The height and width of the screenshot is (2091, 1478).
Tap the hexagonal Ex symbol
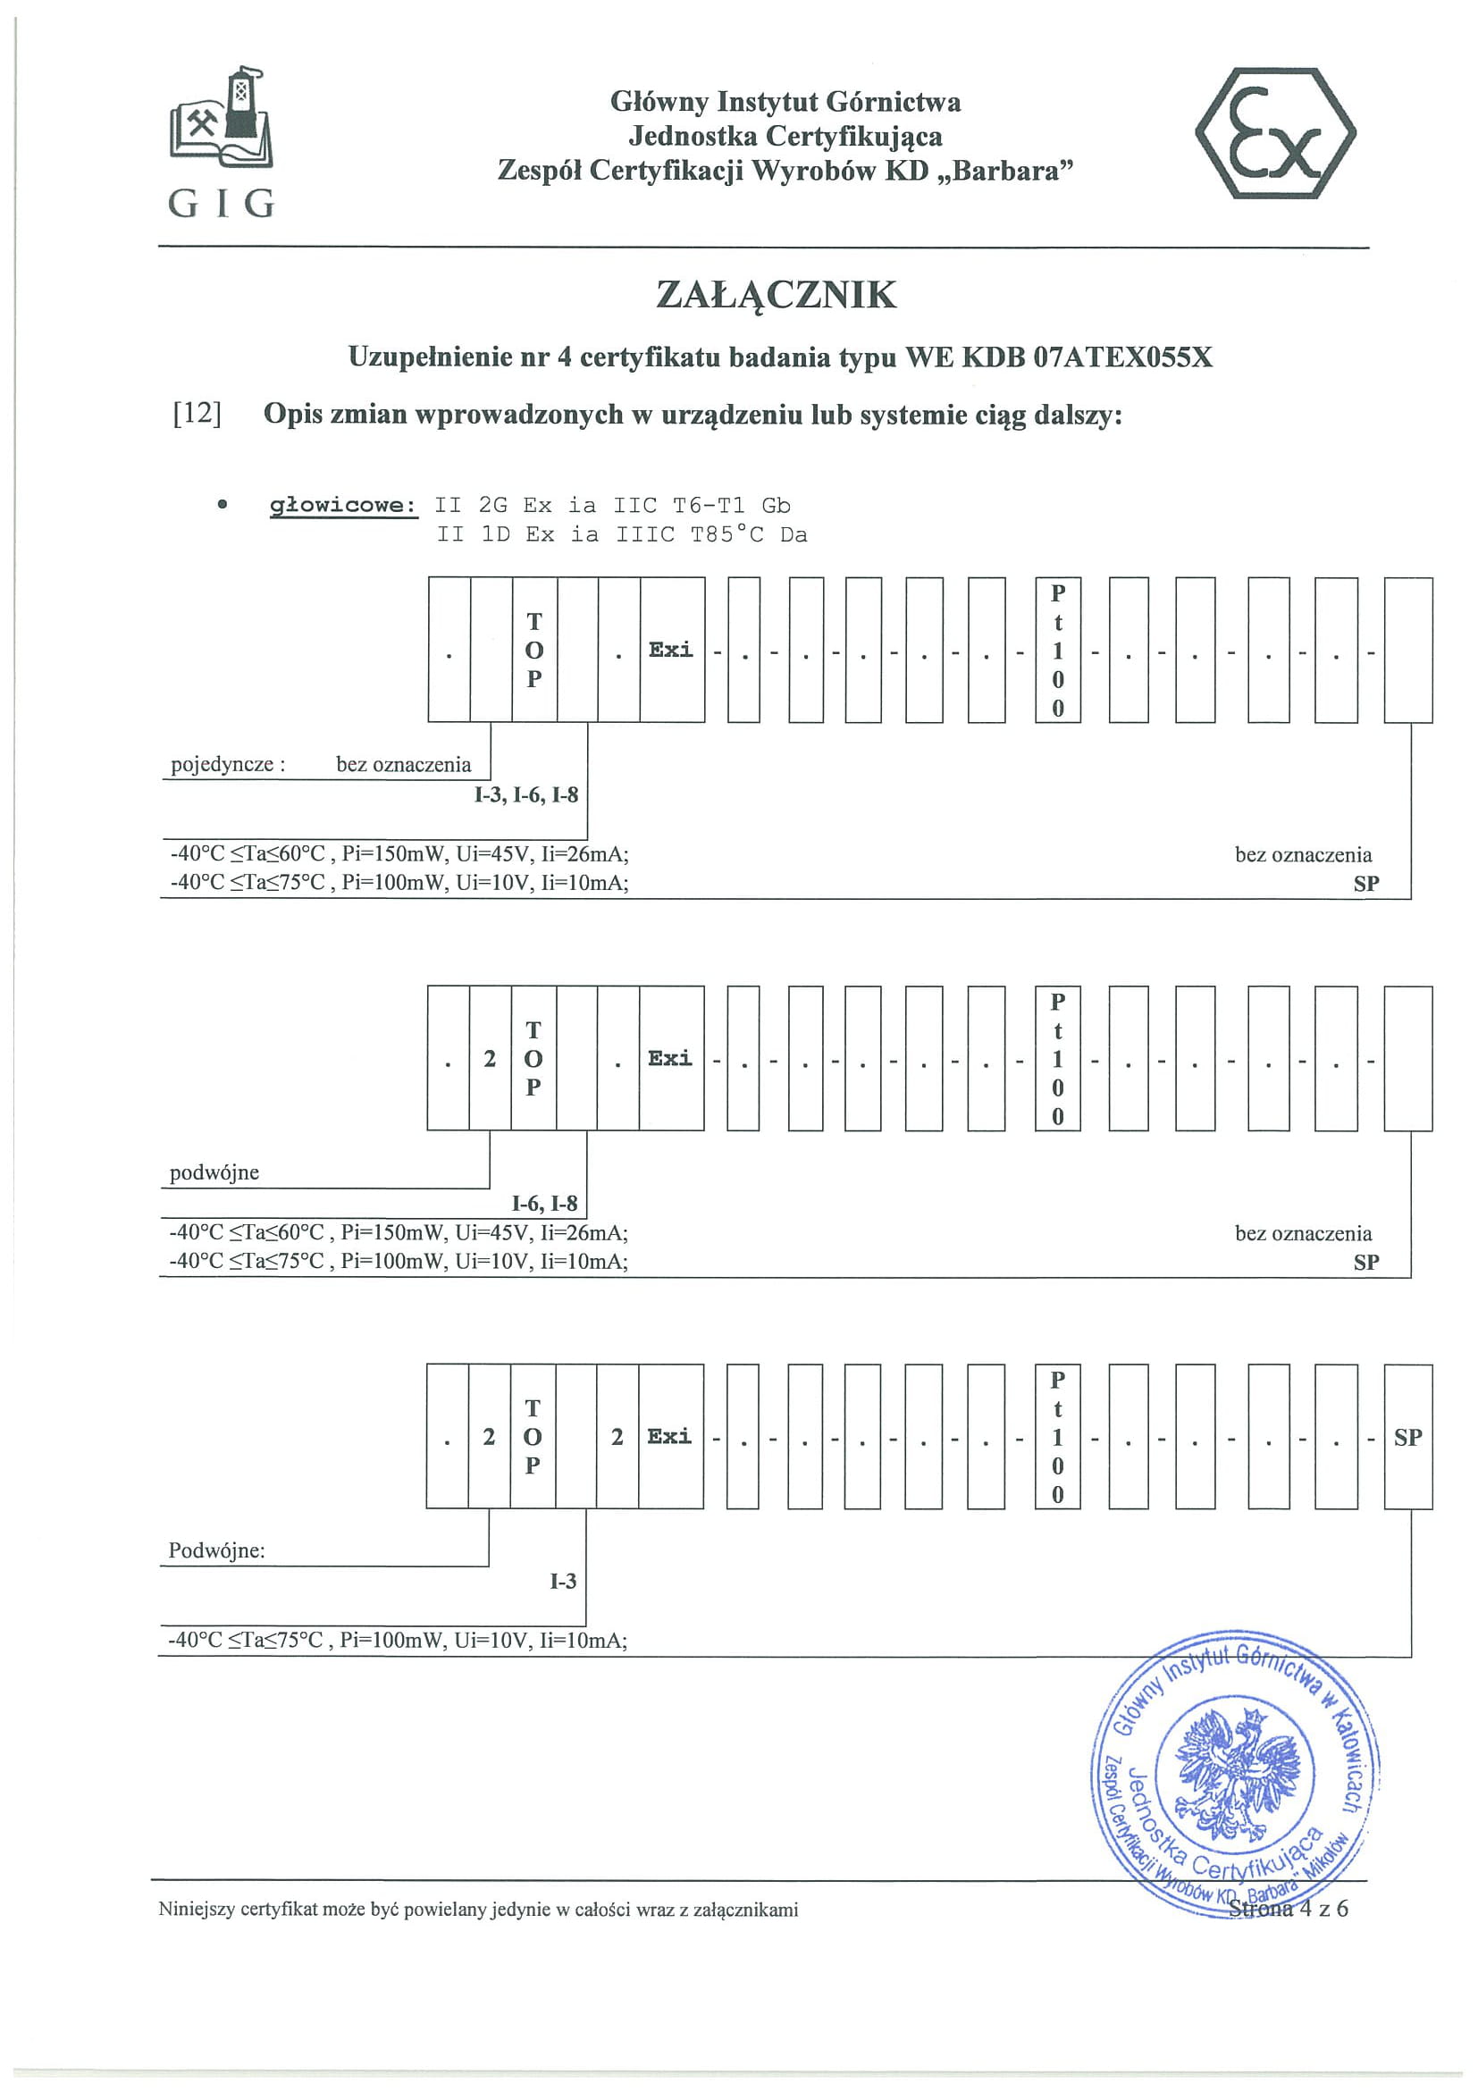tap(1274, 133)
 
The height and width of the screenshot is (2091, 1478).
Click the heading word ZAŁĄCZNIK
tap(776, 295)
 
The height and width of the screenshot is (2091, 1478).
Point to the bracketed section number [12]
tap(197, 414)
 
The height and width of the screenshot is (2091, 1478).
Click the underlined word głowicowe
tap(342, 506)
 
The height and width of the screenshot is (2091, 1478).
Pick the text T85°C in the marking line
tap(726, 534)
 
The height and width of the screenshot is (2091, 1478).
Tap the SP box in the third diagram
tap(1407, 1437)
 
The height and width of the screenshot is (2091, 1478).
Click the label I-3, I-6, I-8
tap(525, 795)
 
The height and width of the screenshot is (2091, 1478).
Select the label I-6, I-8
tap(543, 1203)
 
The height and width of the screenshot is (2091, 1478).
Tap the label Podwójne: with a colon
tap(217, 1550)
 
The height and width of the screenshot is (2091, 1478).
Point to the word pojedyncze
tap(223, 764)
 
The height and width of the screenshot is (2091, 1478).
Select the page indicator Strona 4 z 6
tap(1288, 1909)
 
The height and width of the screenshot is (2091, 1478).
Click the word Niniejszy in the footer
tap(197, 1910)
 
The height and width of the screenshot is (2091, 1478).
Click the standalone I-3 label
tap(563, 1581)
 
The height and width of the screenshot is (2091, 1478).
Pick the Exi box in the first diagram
tap(671, 650)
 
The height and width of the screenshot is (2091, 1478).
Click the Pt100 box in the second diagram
tap(1057, 1058)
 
